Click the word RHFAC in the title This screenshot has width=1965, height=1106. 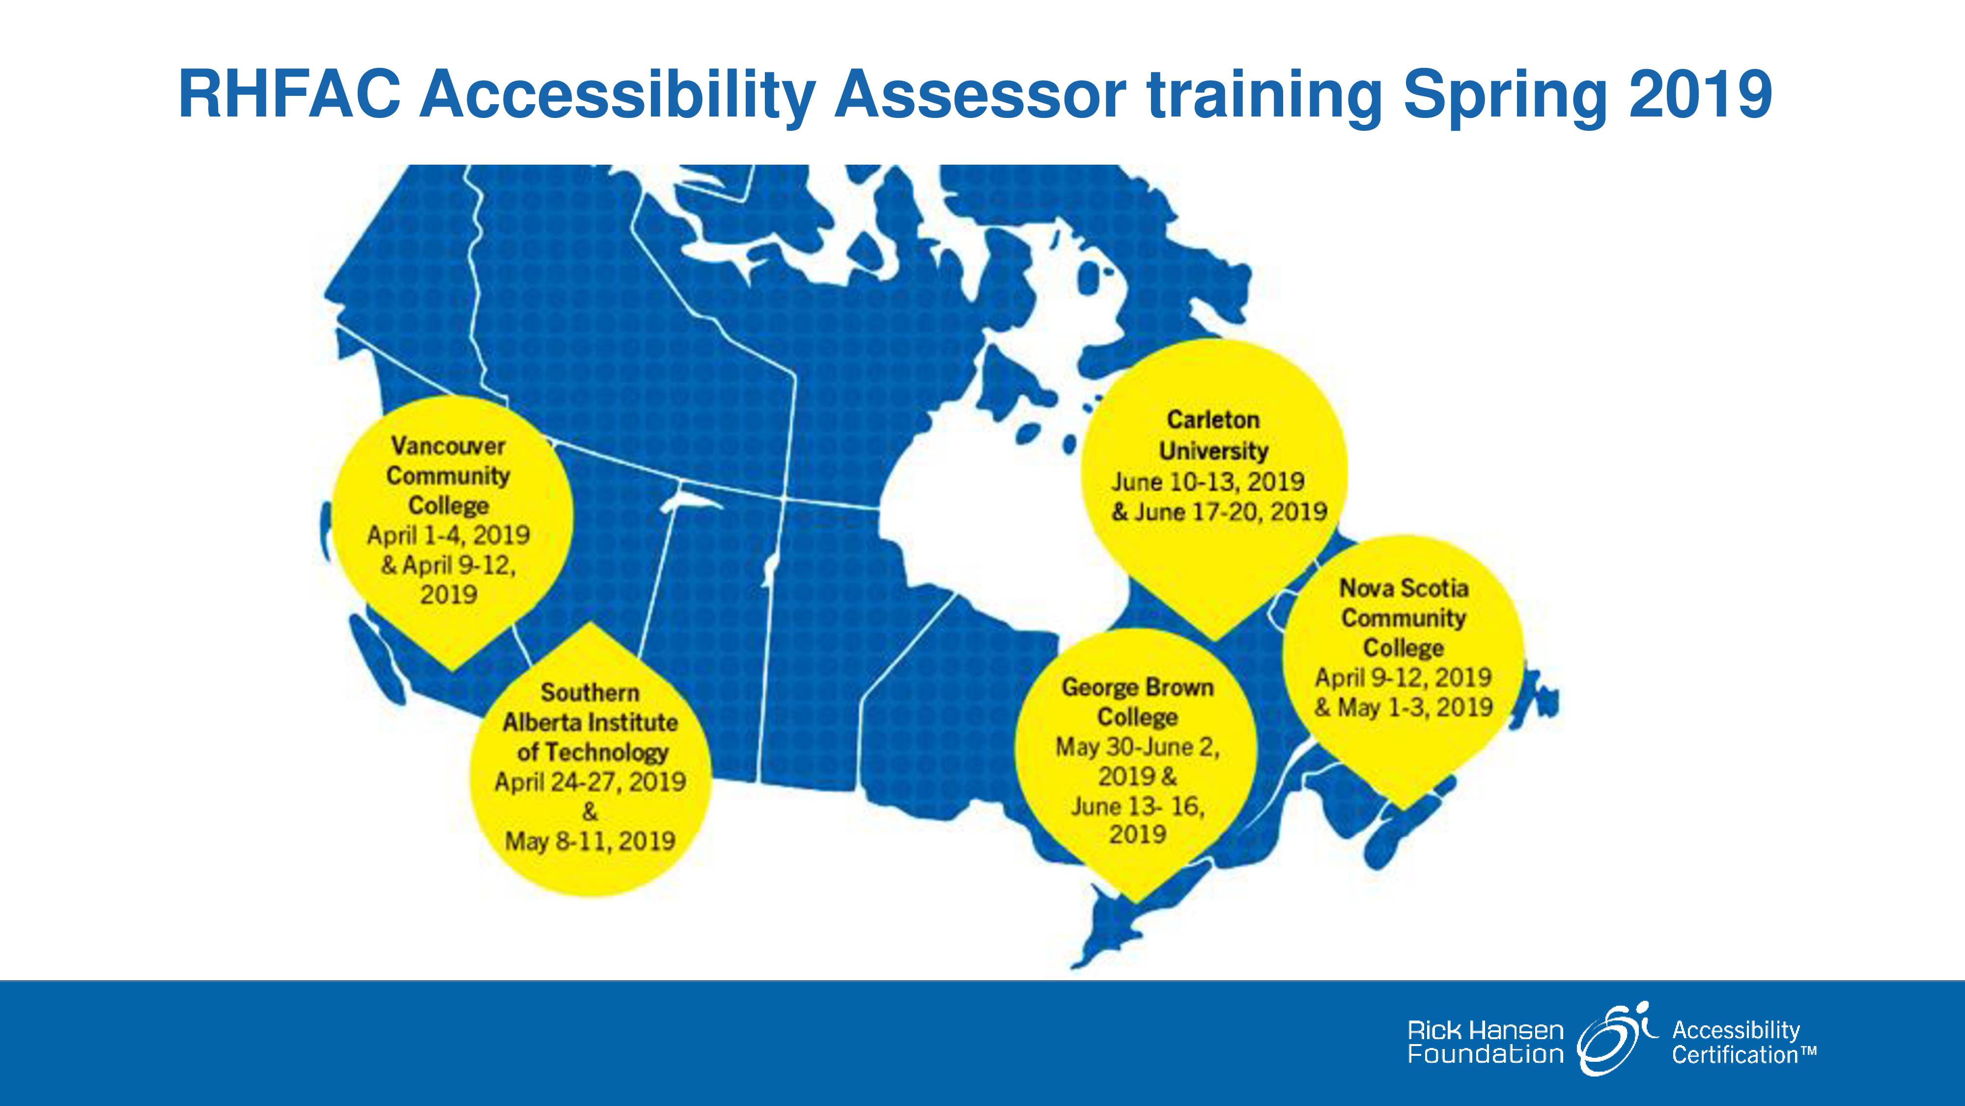click(x=290, y=95)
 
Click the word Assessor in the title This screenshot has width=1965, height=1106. click(x=980, y=95)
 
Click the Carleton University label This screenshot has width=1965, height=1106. click(x=1213, y=435)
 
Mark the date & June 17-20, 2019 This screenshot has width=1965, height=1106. click(x=1219, y=511)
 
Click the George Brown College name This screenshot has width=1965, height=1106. click(x=1137, y=702)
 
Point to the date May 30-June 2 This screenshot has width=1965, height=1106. click(x=1137, y=747)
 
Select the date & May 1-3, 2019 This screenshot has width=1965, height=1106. click(x=1404, y=707)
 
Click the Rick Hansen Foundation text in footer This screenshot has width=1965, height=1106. click(x=1485, y=1043)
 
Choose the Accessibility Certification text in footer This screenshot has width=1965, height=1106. click(x=1744, y=1043)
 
